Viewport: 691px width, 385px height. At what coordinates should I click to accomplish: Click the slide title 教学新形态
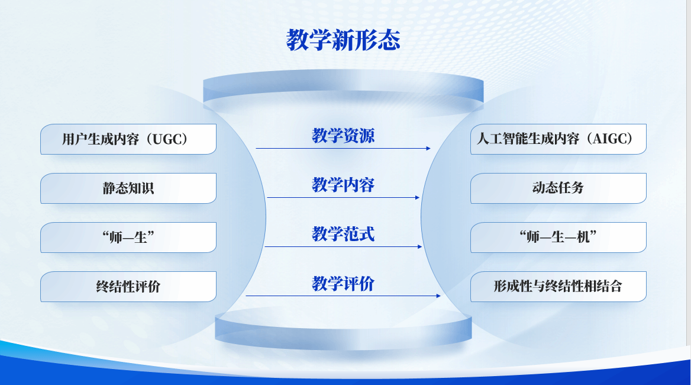pos(343,40)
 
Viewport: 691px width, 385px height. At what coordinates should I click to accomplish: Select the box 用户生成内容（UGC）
pos(128,139)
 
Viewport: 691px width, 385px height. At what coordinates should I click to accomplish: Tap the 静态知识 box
pos(128,188)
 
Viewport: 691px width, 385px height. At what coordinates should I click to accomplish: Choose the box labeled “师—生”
pos(128,238)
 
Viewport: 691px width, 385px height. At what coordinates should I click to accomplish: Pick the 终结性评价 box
pos(128,287)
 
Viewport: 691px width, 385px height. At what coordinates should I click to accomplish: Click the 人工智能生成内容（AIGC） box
pos(558,139)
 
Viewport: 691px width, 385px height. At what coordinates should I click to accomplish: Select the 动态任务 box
pos(558,188)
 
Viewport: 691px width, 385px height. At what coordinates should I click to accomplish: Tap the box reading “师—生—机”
pos(558,238)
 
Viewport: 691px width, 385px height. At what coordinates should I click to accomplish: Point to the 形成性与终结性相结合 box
pos(558,287)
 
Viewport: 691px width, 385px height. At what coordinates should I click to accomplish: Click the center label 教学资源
pos(343,136)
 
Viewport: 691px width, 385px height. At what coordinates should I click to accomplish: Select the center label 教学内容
pos(343,185)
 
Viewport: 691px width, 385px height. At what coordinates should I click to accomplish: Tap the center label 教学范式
pos(343,234)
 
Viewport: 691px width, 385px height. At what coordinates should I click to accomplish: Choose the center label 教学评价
pos(343,284)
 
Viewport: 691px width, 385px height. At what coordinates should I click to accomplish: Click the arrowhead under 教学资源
pos(428,149)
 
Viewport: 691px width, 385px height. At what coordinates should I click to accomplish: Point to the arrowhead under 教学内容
pos(417,198)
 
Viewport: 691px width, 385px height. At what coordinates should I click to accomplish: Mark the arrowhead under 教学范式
pos(420,247)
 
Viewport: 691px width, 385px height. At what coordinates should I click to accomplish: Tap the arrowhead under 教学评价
pos(438,296)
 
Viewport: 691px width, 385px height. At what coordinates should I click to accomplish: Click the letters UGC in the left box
pos(167,139)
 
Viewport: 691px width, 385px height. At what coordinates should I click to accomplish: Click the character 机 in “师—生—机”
pos(583,238)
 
